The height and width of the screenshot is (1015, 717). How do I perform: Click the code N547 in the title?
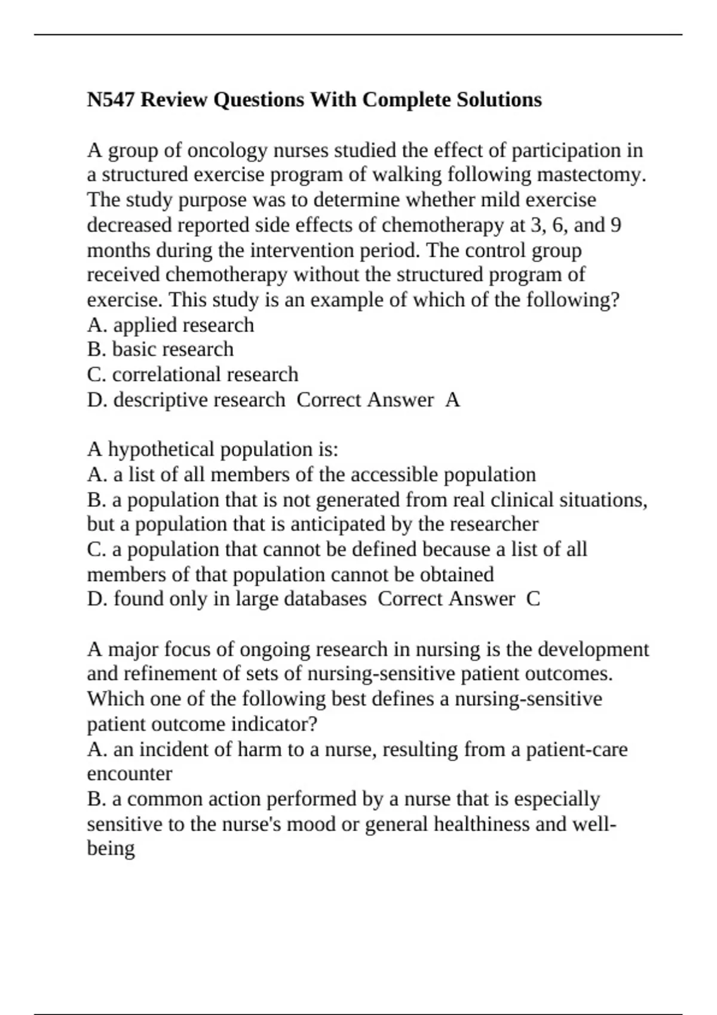111,100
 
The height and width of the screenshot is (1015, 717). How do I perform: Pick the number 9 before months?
615,225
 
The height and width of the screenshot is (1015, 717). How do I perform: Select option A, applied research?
171,325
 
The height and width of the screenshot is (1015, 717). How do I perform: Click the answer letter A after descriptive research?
452,400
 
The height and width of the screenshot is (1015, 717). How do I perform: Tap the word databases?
324,599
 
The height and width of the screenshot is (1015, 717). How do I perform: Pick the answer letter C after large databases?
533,599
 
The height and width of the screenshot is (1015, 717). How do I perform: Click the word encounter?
129,774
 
